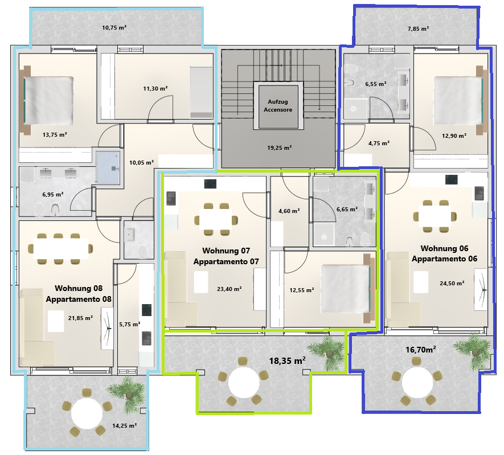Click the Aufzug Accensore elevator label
click(278, 106)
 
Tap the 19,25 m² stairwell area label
click(279, 148)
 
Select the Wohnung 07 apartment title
click(226, 251)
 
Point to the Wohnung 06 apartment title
click(444, 248)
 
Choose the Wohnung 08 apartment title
click(79, 288)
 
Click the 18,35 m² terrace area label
click(288, 361)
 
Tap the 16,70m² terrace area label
click(421, 350)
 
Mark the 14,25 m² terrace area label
click(124, 426)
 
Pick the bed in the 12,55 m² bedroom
click(348, 289)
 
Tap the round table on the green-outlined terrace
click(244, 383)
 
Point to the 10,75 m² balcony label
click(114, 28)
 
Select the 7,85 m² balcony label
click(418, 29)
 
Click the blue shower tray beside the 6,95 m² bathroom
click(108, 168)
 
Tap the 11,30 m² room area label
click(155, 88)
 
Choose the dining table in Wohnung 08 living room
click(61, 249)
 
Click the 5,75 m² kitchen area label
click(129, 325)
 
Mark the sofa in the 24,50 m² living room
click(403, 289)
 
